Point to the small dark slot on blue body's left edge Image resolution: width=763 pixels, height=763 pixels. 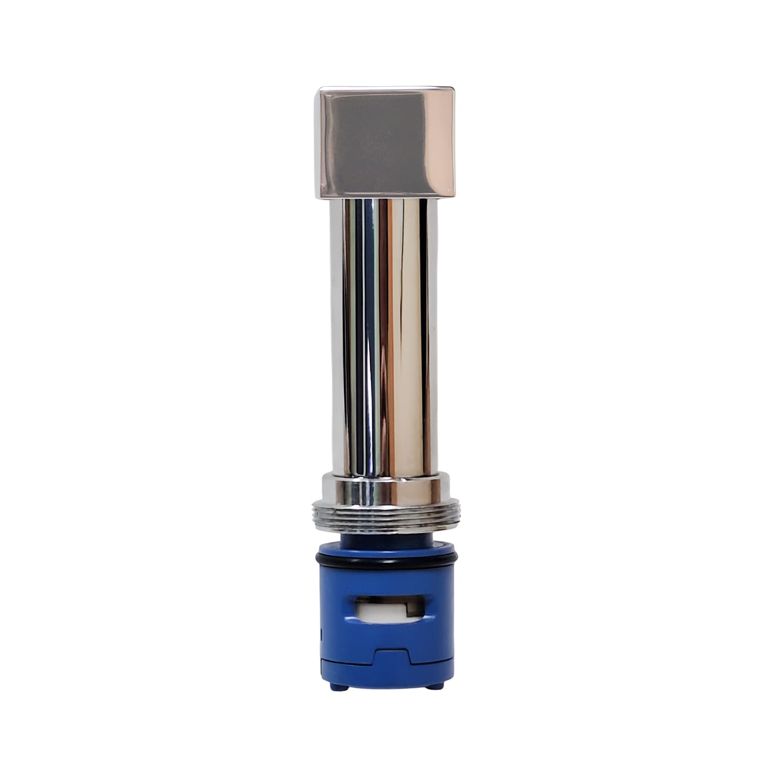322,634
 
